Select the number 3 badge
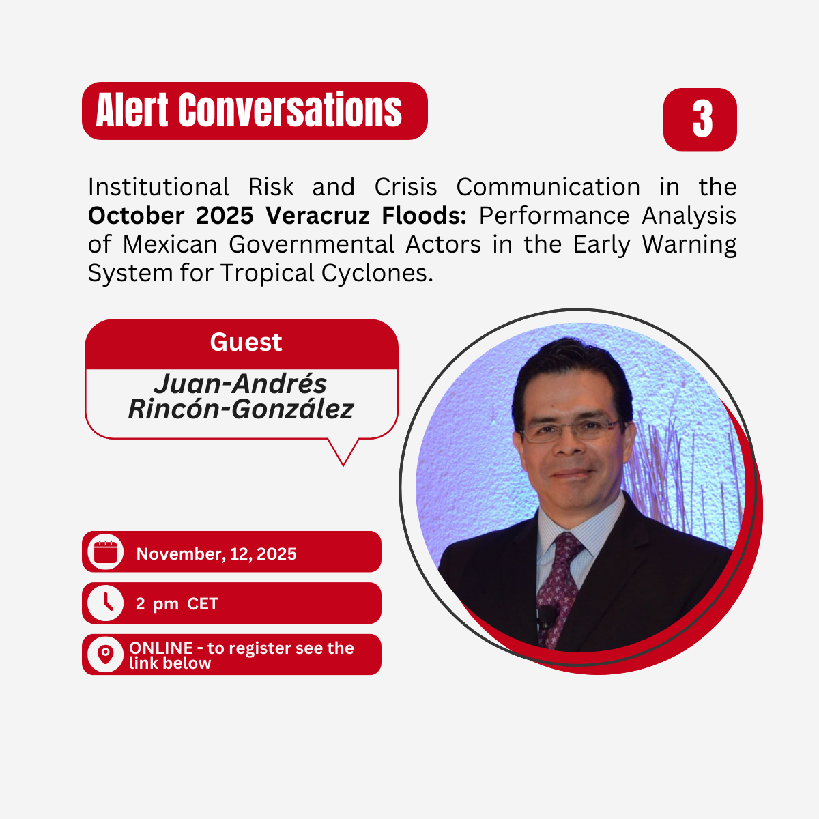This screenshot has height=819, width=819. pos(700,119)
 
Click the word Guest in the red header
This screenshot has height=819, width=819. pos(246,342)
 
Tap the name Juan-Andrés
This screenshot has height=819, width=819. pos(240,384)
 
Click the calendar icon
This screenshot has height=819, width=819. pos(106,551)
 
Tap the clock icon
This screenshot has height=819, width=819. pos(106,603)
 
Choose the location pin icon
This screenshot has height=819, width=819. pos(106,655)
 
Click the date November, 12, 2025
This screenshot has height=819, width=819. pos(216,554)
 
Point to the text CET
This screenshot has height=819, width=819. pos(203,604)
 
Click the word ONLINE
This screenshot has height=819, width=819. pos(161,648)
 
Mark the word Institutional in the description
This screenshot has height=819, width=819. pos(158,187)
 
